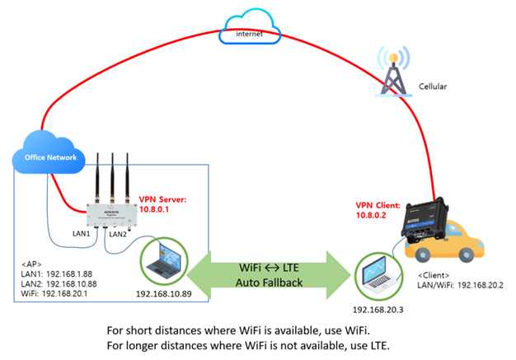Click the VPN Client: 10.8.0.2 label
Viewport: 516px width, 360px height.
tap(378, 208)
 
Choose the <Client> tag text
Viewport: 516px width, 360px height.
tap(439, 274)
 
